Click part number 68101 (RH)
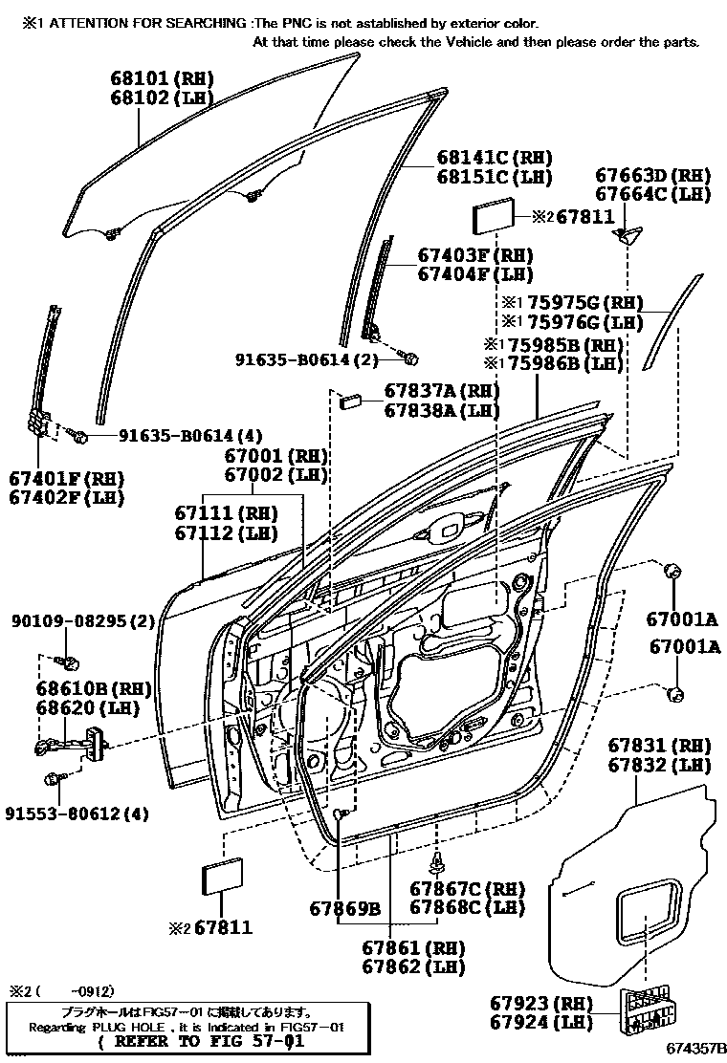click(161, 77)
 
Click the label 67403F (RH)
click(474, 256)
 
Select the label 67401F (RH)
click(67, 477)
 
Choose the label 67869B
click(344, 907)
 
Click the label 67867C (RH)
click(468, 888)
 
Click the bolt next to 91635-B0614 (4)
click(80, 437)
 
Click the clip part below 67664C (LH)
click(627, 234)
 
